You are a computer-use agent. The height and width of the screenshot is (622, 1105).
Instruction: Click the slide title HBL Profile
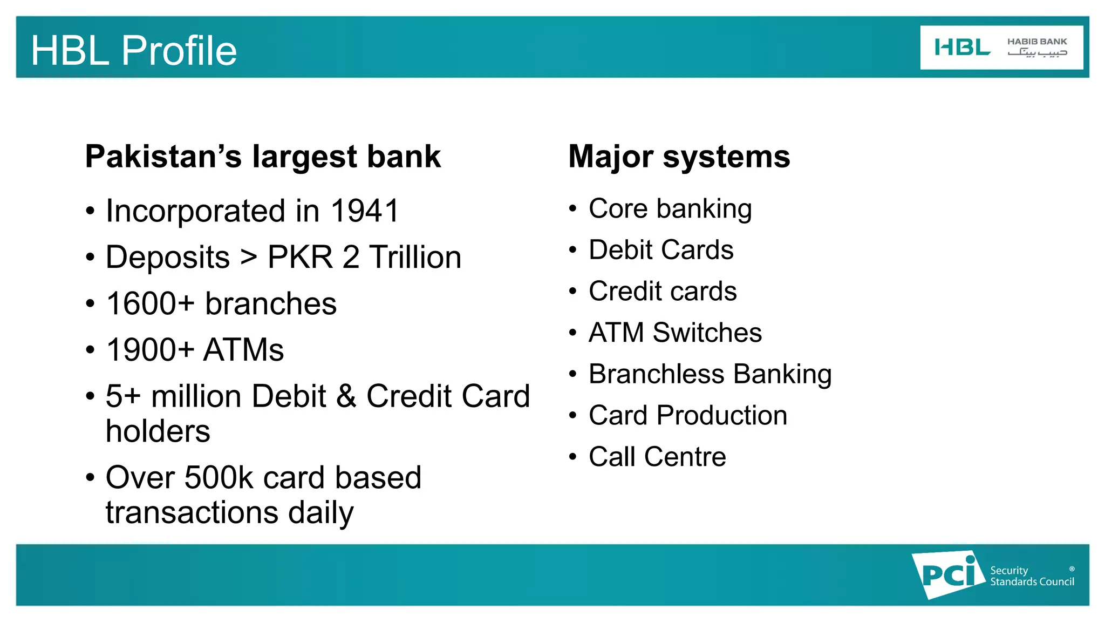(x=134, y=50)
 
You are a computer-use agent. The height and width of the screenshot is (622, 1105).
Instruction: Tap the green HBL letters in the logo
(x=962, y=48)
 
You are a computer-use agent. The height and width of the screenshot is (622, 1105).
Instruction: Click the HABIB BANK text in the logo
(x=1036, y=42)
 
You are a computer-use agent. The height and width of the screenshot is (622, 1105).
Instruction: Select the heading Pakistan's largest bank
(x=263, y=157)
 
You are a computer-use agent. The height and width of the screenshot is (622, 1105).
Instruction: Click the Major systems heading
(x=679, y=157)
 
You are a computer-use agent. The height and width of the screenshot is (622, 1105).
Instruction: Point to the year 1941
(x=365, y=211)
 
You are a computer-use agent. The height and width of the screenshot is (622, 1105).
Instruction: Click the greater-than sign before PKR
(x=249, y=258)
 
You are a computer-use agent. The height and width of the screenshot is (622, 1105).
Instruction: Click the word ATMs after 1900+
(x=243, y=350)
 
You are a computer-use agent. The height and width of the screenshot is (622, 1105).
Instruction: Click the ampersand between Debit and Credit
(x=346, y=396)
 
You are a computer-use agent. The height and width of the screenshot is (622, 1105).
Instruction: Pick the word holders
(x=158, y=431)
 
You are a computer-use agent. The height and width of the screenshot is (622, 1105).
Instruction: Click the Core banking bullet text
(x=670, y=209)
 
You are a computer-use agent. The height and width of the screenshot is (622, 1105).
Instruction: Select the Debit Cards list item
(x=661, y=250)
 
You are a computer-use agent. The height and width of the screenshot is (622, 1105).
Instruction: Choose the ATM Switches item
(x=675, y=333)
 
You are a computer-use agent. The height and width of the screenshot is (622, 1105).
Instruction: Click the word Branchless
(x=656, y=374)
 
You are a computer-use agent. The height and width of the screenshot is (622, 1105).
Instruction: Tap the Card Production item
(x=687, y=415)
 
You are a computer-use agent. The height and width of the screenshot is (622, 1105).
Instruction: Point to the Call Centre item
(x=657, y=457)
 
